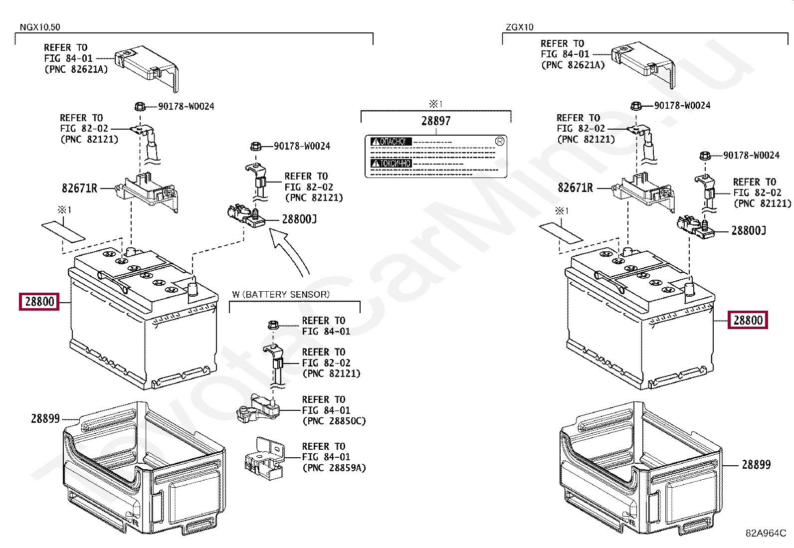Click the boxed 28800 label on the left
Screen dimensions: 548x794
pyautogui.click(x=39, y=302)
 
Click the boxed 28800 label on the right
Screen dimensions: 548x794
pyautogui.click(x=748, y=320)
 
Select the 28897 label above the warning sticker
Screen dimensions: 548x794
pyautogui.click(x=435, y=121)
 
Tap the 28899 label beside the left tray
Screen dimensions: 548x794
pyautogui.click(x=45, y=419)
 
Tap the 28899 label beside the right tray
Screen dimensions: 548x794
pyautogui.click(x=756, y=465)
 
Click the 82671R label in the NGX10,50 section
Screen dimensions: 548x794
pyautogui.click(x=79, y=188)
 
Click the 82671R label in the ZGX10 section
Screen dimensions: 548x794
pyautogui.click(x=575, y=188)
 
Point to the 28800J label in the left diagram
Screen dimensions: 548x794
pyautogui.click(x=299, y=219)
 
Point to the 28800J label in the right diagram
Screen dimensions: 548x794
pyautogui.click(x=749, y=230)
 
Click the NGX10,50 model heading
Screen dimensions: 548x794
pyautogui.click(x=40, y=27)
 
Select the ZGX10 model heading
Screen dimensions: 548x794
pyautogui.click(x=519, y=27)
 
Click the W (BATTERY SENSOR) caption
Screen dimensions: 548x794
pyautogui.click(x=281, y=295)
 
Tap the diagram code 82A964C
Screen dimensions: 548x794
pyautogui.click(x=766, y=533)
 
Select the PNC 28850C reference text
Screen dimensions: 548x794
pyautogui.click(x=334, y=421)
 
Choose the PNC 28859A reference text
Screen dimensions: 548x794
pyautogui.click(x=334, y=468)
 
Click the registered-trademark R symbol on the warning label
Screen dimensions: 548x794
pyautogui.click(x=500, y=141)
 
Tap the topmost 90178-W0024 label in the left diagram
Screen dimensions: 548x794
pyautogui.click(x=186, y=106)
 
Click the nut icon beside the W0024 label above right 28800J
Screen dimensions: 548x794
pyautogui.click(x=705, y=156)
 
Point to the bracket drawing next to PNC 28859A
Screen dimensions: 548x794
pyautogui.click(x=264, y=459)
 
